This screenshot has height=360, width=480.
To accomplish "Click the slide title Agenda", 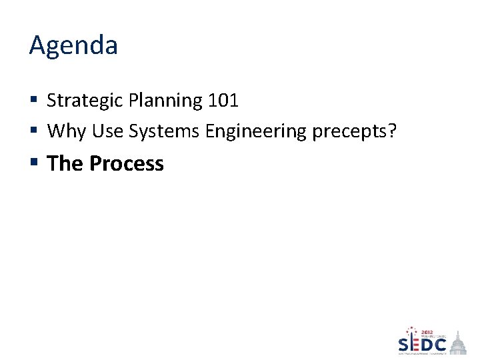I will (73, 46).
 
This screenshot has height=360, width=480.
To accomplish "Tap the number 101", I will (223, 101).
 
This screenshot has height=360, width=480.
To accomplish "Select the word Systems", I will (165, 131).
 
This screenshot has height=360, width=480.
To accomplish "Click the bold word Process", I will (127, 163).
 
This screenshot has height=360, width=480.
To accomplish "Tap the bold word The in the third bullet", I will (65, 163).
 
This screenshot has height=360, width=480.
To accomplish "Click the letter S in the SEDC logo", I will (404, 344).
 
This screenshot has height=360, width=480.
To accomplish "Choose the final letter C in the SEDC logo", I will (441, 345).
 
